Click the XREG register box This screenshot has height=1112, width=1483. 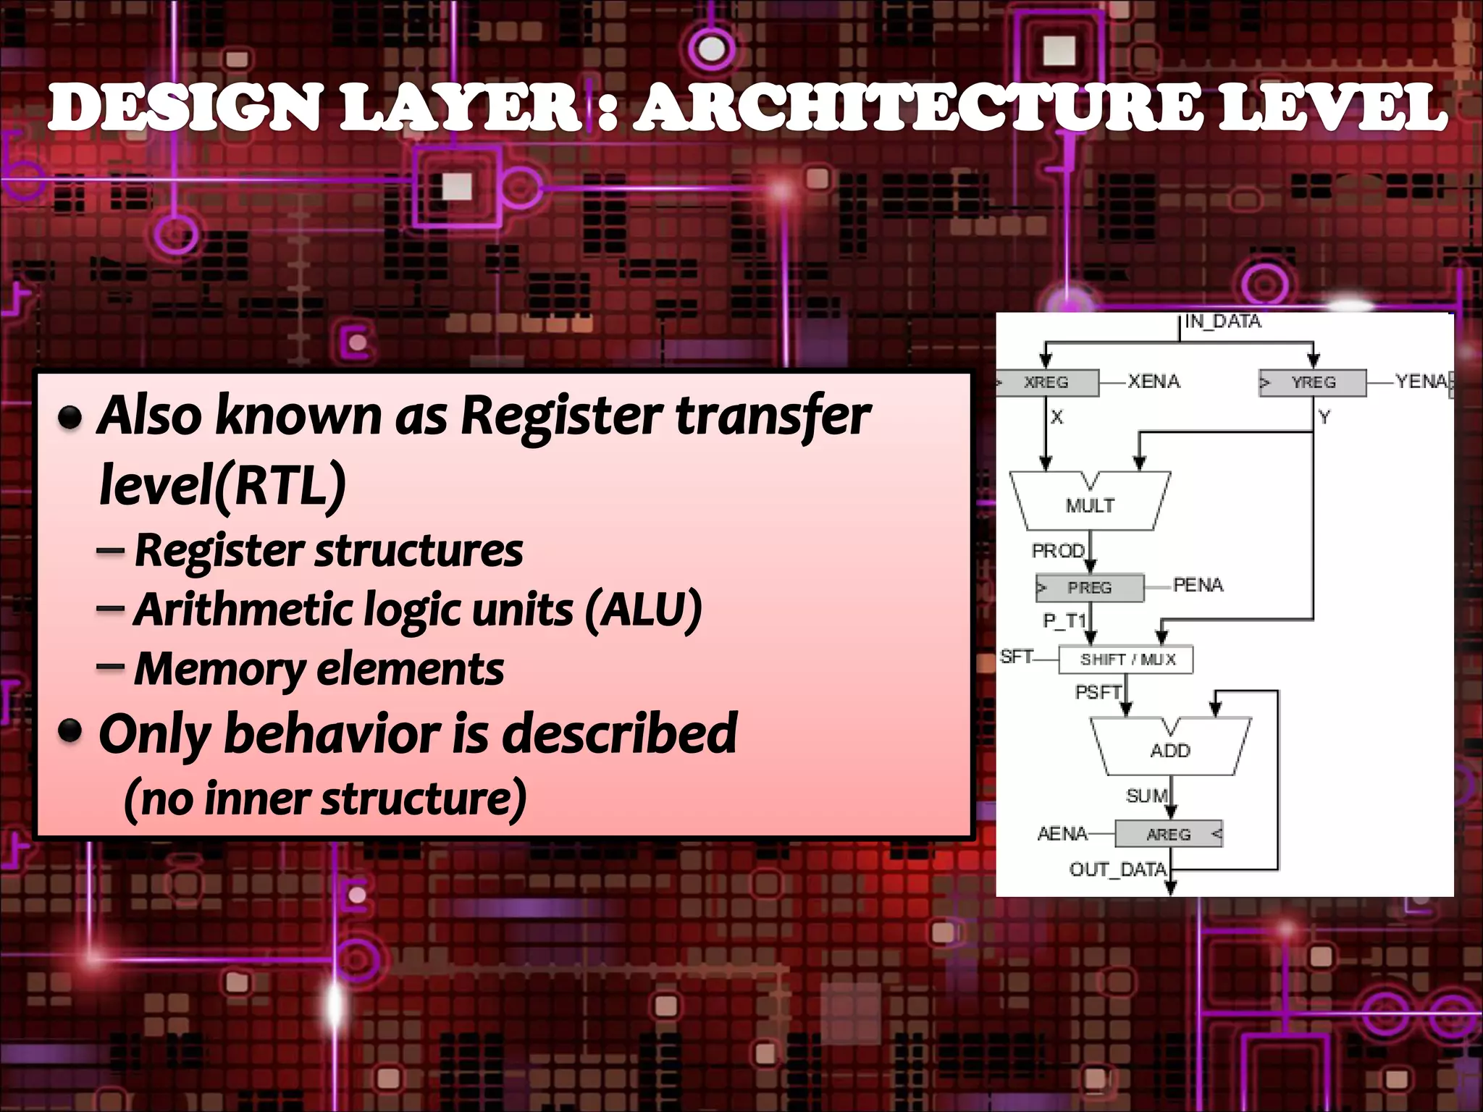[x=1047, y=382]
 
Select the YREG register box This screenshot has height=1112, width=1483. [x=1312, y=382]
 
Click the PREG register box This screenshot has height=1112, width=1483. [x=1090, y=587]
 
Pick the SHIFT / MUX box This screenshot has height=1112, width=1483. [x=1126, y=660]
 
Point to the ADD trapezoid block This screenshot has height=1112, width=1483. [x=1169, y=749]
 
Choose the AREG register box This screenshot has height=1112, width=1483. [x=1168, y=834]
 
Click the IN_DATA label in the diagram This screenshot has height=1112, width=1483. [x=1223, y=321]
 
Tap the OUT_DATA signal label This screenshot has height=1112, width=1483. [x=1117, y=869]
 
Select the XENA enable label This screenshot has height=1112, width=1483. [x=1154, y=382]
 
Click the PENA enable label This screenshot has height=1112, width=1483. [x=1198, y=585]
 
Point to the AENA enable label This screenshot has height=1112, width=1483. [x=1062, y=834]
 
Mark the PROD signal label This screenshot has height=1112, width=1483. [x=1058, y=551]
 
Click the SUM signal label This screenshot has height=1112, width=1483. [x=1147, y=796]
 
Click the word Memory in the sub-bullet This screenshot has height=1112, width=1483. [x=219, y=669]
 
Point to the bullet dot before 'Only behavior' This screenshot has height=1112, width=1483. [x=70, y=731]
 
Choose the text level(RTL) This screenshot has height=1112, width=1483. [x=222, y=485]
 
